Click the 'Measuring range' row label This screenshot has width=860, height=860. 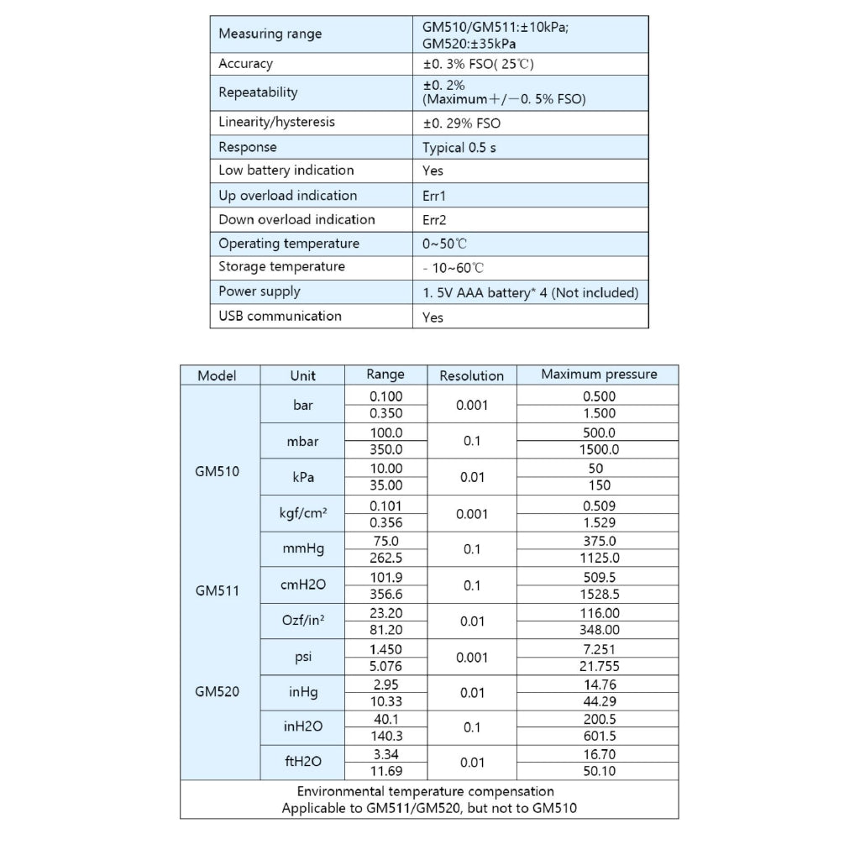[270, 34]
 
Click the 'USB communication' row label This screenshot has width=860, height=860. [280, 316]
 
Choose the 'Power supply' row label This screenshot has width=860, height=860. [259, 291]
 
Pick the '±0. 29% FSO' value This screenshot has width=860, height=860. [461, 123]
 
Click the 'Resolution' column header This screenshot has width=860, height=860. [472, 375]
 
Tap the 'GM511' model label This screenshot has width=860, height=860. [218, 590]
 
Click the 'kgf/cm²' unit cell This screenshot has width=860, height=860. [302, 513]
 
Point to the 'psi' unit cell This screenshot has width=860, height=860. [302, 658]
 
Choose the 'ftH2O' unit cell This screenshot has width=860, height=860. [302, 763]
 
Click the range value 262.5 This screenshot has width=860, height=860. [386, 558]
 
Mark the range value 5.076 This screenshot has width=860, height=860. [386, 666]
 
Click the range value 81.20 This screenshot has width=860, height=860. [386, 630]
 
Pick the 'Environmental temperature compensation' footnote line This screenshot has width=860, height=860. [426, 791]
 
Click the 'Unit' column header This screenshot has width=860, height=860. [302, 375]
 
